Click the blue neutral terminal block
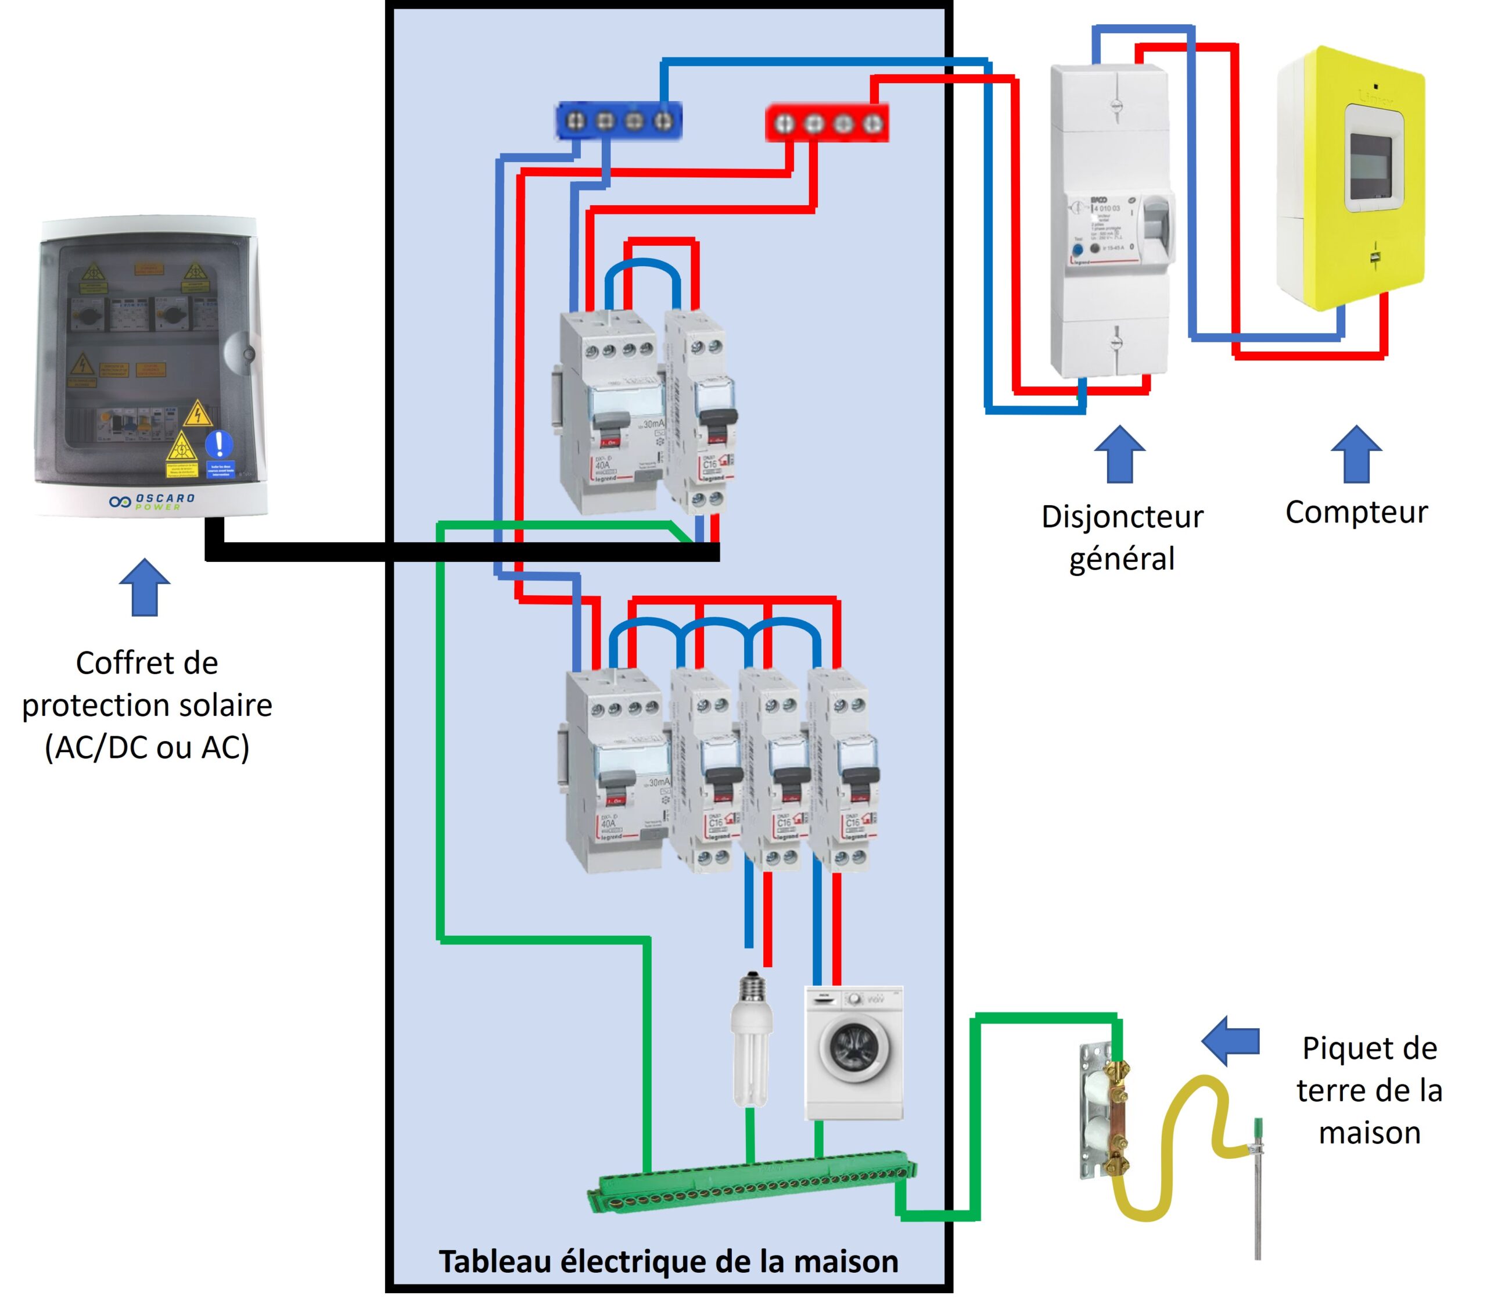click(618, 121)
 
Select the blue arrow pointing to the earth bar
click(1230, 1041)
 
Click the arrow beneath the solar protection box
click(145, 587)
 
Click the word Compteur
click(1356, 512)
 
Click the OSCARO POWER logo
click(152, 501)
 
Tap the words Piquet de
click(1369, 1048)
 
